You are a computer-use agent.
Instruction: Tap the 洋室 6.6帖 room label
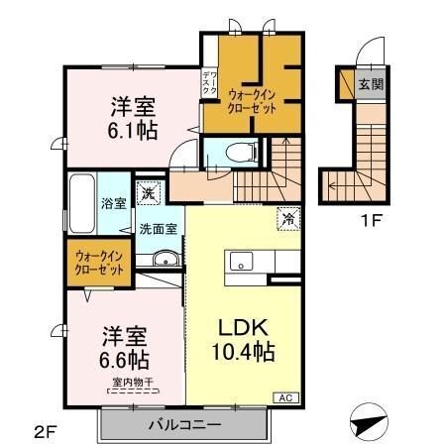pos(124,341)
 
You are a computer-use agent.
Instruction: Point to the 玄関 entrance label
pos(370,84)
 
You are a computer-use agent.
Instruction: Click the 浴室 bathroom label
pos(112,204)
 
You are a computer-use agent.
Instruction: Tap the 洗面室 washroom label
pos(158,229)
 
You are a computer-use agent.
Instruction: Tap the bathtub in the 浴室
pos(81,204)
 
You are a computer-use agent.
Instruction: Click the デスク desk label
pos(209,84)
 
